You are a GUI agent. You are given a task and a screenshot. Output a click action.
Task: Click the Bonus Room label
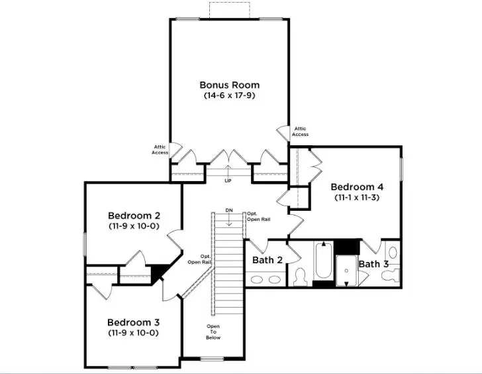click(230, 85)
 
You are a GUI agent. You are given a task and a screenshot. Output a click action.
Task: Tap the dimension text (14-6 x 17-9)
click(230, 95)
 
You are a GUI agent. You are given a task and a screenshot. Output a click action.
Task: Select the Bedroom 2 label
click(134, 216)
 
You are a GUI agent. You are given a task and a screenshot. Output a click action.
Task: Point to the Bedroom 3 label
click(134, 322)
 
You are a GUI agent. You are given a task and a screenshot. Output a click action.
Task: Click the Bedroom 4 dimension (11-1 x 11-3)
click(357, 197)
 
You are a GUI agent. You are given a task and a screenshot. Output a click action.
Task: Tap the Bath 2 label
click(267, 260)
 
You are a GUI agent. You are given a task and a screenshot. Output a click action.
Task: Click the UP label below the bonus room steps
click(228, 180)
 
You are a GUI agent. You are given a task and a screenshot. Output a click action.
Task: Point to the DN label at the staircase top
click(229, 210)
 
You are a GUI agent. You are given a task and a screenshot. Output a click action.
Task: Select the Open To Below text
click(213, 332)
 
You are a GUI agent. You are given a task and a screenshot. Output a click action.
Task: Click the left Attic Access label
click(160, 150)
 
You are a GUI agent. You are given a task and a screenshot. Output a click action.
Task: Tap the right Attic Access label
click(300, 131)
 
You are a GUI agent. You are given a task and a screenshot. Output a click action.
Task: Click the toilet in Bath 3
click(392, 253)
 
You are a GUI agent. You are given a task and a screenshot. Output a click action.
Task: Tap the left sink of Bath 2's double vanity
click(257, 280)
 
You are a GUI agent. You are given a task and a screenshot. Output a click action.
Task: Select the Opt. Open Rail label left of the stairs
click(199, 259)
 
